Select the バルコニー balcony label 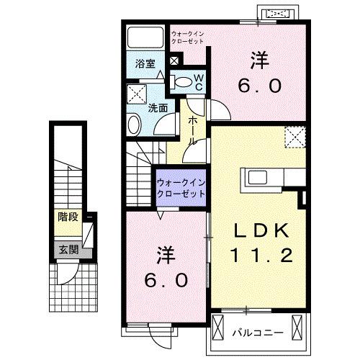(x=258, y=333)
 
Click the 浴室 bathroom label (x=145, y=63)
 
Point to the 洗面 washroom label (x=158, y=109)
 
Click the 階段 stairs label (x=69, y=217)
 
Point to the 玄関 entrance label (x=69, y=250)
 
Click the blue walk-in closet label (x=181, y=189)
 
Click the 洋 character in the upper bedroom (x=259, y=58)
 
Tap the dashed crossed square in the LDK (x=294, y=136)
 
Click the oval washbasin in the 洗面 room (x=135, y=126)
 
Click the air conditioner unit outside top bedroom (x=279, y=14)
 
